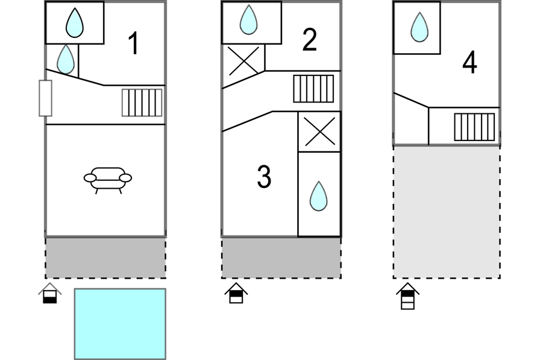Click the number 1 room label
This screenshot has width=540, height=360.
[134, 44]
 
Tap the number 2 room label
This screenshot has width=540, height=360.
[309, 40]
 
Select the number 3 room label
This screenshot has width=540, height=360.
[264, 177]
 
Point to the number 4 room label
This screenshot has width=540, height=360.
[469, 63]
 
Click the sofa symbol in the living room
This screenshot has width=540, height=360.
[108, 178]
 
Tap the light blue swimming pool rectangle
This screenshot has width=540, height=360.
[120, 323]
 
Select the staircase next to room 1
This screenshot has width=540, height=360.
[142, 103]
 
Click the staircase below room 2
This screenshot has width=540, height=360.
[313, 89]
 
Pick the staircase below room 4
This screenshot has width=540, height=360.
[474, 127]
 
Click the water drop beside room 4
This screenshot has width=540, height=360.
[419, 28]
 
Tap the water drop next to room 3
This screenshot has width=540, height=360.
[318, 197]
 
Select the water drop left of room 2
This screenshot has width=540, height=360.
[248, 21]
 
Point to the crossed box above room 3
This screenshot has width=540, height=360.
[319, 131]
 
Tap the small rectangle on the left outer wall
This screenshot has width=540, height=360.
[45, 98]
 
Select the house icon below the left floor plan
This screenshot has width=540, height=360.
[50, 294]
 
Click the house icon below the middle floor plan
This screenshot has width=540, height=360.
[236, 294]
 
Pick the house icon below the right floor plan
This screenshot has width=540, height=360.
[408, 296]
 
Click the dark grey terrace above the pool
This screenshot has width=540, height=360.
[105, 257]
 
